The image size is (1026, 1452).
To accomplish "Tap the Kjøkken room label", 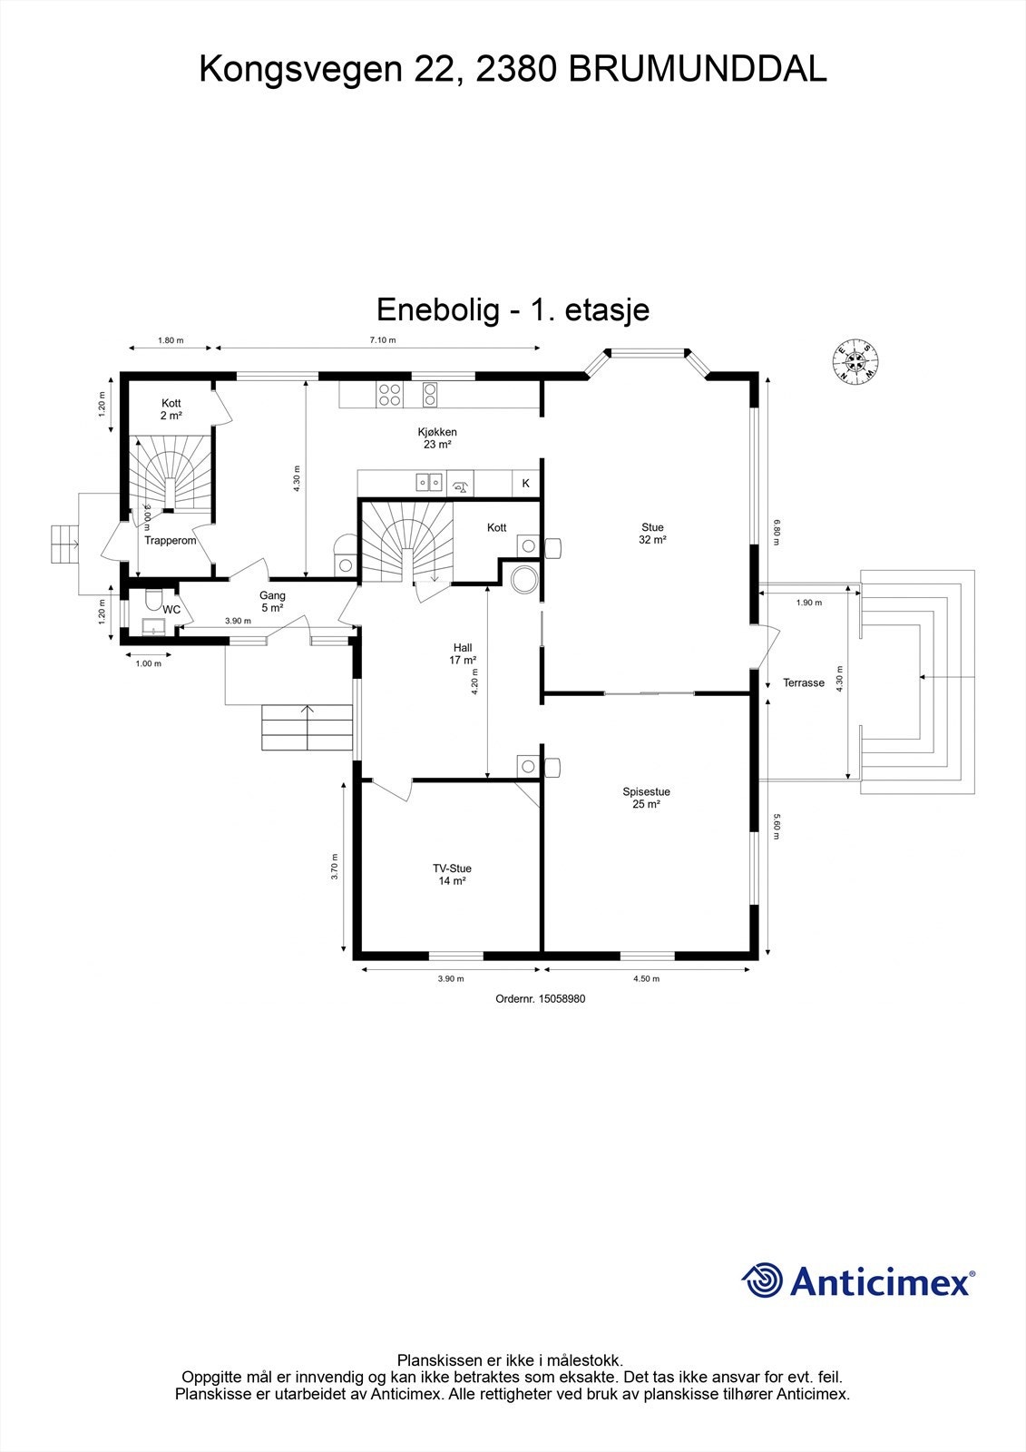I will (437, 438).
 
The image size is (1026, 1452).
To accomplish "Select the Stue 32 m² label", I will (652, 534).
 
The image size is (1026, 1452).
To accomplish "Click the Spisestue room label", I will (646, 798).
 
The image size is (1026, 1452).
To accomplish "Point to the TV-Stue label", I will (452, 875).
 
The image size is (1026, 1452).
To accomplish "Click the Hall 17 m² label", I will (463, 654).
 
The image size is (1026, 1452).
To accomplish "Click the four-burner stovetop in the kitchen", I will (390, 395).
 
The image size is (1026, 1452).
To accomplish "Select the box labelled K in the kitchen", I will (525, 485).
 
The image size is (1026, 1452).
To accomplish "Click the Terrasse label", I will (804, 683).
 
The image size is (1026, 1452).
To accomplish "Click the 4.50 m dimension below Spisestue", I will (645, 979).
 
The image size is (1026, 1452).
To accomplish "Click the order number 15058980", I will (540, 998).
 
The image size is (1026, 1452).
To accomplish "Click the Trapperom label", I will (171, 541).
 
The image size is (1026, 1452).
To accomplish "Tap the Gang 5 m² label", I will (272, 602).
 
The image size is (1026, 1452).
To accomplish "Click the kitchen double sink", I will (428, 483).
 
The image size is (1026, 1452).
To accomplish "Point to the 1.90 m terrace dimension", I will (808, 603).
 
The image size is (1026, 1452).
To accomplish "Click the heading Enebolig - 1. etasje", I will (513, 310).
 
